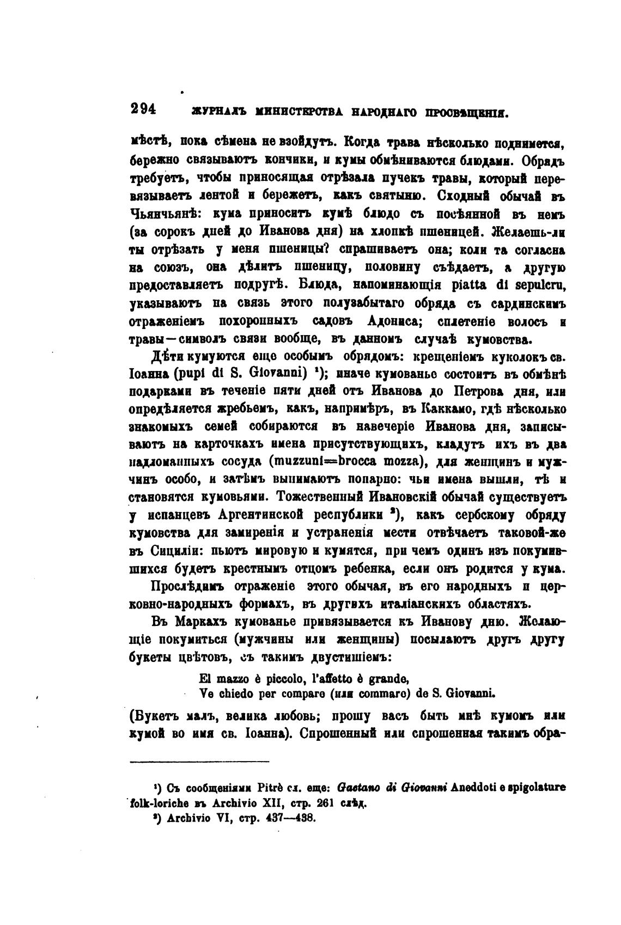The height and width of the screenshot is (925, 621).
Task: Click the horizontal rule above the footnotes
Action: point(200,762)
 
